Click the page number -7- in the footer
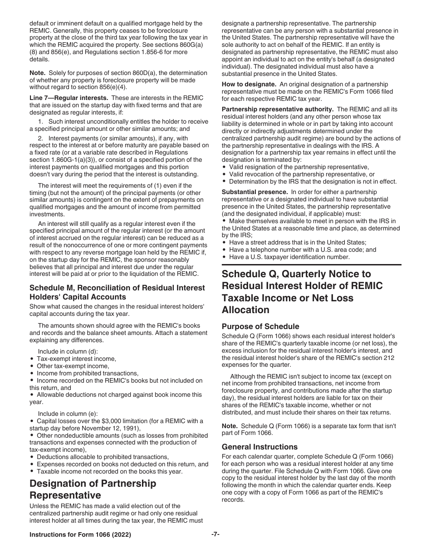215,535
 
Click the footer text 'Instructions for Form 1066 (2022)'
80,535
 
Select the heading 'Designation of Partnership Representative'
93,489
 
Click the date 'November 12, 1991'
112,428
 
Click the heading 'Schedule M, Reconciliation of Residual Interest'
117,288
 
